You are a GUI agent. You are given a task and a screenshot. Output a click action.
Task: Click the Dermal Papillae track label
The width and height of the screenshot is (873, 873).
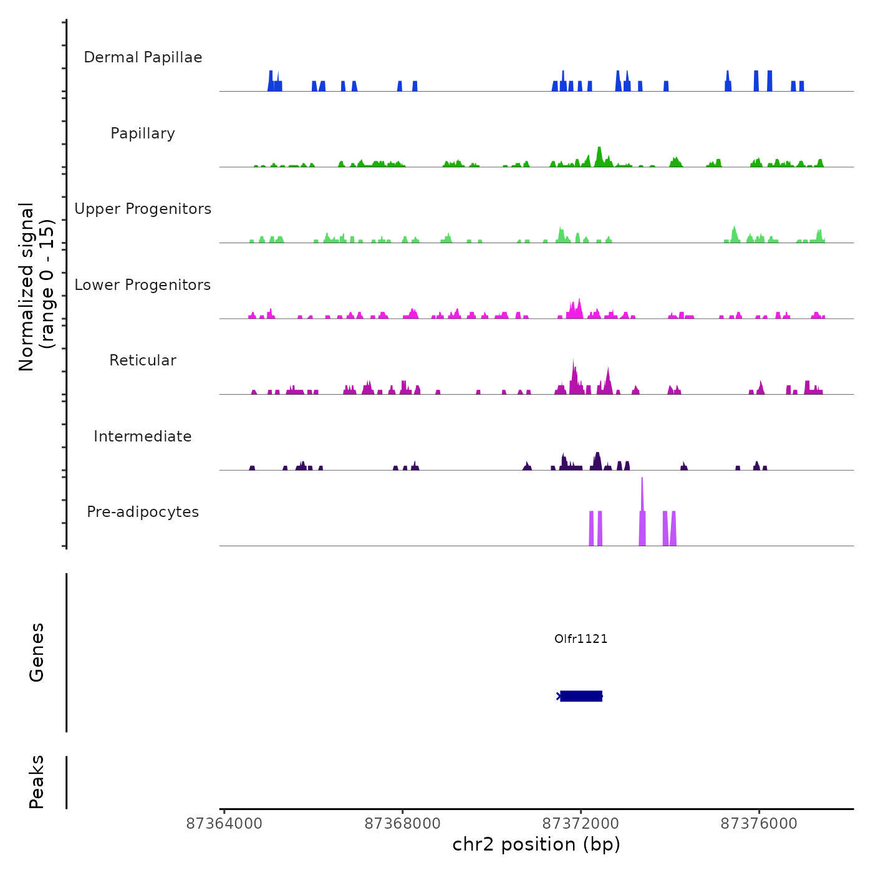coord(143,57)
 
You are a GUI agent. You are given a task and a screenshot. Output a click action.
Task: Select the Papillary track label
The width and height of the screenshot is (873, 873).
coord(143,133)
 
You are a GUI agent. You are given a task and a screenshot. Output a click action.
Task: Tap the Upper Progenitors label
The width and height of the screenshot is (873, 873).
coord(143,209)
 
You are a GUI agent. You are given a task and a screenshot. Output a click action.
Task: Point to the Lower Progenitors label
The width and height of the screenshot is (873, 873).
coord(143,285)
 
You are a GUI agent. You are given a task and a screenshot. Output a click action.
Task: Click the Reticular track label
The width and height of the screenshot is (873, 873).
coord(143,360)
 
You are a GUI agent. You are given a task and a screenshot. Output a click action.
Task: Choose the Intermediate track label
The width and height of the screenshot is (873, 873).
coord(143,436)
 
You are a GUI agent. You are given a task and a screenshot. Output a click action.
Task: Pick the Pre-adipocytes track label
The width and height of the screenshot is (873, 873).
coord(143,512)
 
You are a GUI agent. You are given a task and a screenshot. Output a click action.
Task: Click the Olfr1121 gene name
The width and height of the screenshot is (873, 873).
coord(581,639)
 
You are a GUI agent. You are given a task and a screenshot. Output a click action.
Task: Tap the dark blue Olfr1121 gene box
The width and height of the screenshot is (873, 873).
coord(581,696)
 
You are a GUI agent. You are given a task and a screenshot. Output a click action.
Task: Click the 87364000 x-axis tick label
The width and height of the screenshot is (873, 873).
coord(224,824)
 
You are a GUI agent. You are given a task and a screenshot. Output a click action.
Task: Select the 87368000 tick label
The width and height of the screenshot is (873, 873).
coord(402,824)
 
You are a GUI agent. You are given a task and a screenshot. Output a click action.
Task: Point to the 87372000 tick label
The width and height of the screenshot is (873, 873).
coord(581,824)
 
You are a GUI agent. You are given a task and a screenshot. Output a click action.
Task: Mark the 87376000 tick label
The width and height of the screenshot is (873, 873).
coord(759,824)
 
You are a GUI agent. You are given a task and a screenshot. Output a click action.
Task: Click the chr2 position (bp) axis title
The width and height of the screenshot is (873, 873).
coord(536,845)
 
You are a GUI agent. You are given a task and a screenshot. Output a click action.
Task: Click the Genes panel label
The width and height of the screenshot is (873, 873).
coord(37,652)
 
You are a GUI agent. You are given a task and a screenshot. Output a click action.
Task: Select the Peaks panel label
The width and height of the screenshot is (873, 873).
coord(37,782)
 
